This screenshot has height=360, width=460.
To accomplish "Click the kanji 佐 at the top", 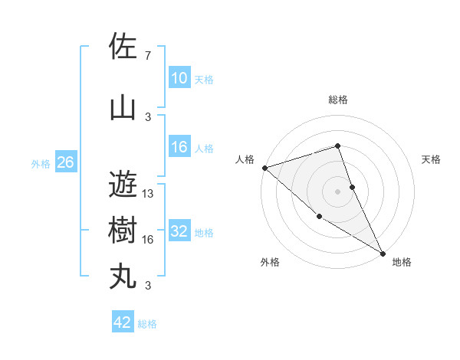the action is pyautogui.click(x=123, y=47).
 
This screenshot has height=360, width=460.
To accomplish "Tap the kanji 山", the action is pyautogui.click(x=123, y=106).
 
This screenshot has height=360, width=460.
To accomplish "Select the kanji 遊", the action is pyautogui.click(x=123, y=184).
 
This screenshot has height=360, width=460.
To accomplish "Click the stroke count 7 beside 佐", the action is pyautogui.click(x=148, y=56).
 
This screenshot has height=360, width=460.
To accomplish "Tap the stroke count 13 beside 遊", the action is pyautogui.click(x=148, y=194).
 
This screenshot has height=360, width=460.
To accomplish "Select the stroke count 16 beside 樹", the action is pyautogui.click(x=148, y=240).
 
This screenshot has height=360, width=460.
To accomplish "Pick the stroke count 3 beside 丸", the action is pyautogui.click(x=148, y=286).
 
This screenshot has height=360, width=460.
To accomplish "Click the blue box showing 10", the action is pyautogui.click(x=179, y=77).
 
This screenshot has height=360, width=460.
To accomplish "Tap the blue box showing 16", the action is pyautogui.click(x=179, y=147).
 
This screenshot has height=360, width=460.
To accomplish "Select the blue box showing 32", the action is pyautogui.click(x=179, y=231).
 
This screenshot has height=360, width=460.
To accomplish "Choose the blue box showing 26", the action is pyautogui.click(x=65, y=162).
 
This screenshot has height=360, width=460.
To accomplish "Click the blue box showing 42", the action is pyautogui.click(x=123, y=322).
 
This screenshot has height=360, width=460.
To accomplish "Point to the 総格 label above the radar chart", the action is pyautogui.click(x=337, y=100).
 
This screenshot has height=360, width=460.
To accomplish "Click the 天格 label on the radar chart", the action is pyautogui.click(x=432, y=159).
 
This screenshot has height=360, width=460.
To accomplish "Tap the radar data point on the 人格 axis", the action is pyautogui.click(x=264, y=167).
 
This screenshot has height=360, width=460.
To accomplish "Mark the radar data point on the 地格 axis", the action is pyautogui.click(x=383, y=253).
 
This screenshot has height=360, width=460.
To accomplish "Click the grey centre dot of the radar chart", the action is pyautogui.click(x=337, y=191).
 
